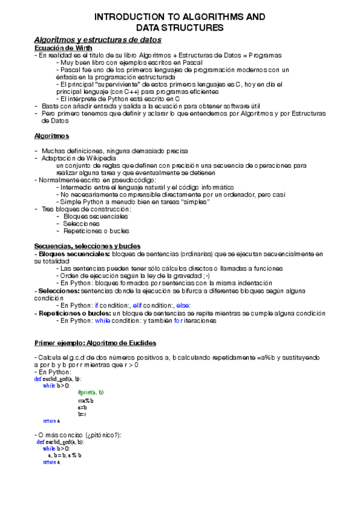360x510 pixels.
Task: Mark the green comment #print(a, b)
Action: click(91, 392)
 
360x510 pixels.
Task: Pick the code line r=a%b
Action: click(85, 400)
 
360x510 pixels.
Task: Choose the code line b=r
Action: click(82, 414)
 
